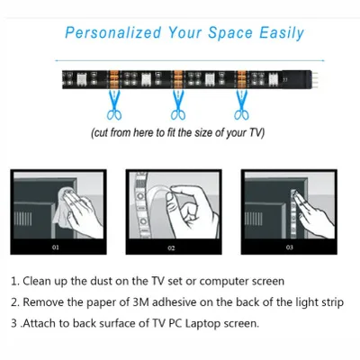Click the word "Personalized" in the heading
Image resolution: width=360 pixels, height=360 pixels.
113,32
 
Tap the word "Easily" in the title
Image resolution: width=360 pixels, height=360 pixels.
282,33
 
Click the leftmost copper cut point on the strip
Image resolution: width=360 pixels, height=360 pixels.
114,79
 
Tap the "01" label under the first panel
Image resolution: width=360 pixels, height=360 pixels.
56,247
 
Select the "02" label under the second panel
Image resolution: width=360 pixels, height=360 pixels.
171,247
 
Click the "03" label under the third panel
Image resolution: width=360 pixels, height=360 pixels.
289,247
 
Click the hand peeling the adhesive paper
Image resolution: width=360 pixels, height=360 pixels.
192,210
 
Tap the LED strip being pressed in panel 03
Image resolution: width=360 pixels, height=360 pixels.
293,214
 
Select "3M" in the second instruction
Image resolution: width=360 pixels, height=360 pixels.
140,302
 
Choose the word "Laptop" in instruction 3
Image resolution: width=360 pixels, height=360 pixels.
203,324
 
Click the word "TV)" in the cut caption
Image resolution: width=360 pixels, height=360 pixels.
256,132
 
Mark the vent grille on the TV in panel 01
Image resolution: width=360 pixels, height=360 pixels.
23,219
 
